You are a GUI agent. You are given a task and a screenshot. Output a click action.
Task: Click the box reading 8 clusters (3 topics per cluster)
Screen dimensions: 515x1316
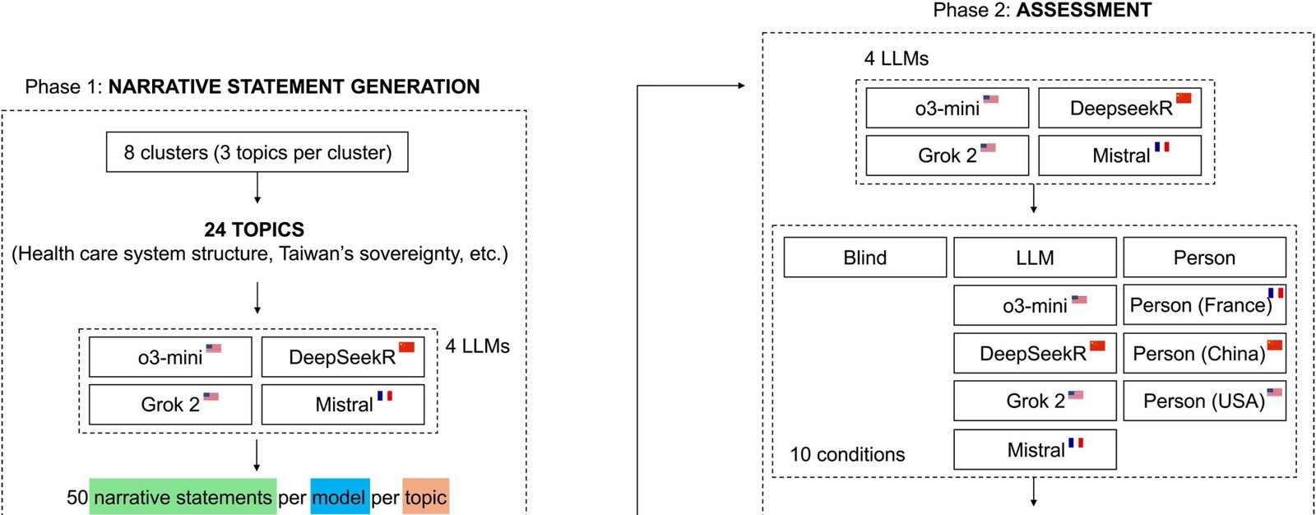click(257, 152)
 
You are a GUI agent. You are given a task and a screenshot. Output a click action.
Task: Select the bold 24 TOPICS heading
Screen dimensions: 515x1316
click(254, 230)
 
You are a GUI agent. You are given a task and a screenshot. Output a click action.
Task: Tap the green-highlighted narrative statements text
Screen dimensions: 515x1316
click(183, 498)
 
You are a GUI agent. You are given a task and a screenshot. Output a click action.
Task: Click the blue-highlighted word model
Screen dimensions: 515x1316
click(339, 498)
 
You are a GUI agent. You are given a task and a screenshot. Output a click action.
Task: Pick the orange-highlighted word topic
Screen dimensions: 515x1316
click(425, 498)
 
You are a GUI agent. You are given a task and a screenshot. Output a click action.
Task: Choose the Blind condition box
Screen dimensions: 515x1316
click(864, 257)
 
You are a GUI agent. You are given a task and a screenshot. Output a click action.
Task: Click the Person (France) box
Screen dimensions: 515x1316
click(1203, 305)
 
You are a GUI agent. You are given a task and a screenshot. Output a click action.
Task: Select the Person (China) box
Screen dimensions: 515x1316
click(1203, 354)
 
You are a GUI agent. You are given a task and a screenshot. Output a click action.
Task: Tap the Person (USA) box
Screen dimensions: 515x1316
click(1203, 401)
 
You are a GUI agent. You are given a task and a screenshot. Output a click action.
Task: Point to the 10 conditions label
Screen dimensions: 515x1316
click(847, 454)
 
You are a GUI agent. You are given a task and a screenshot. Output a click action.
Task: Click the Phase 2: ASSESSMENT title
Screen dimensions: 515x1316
click(1042, 11)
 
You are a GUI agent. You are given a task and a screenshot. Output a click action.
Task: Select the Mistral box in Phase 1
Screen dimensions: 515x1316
click(343, 405)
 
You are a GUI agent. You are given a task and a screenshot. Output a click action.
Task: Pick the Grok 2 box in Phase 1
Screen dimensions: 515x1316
click(170, 405)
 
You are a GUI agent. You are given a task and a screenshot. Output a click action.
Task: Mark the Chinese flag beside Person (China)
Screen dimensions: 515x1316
click(1275, 344)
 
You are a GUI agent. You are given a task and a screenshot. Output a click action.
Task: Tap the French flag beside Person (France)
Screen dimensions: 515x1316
click(1276, 293)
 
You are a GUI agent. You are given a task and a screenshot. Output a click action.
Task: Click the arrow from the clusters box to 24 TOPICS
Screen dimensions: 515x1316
click(257, 188)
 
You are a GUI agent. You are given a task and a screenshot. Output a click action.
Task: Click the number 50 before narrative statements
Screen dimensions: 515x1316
click(77, 498)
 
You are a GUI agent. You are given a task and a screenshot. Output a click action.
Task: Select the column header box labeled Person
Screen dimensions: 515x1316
click(1204, 257)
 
